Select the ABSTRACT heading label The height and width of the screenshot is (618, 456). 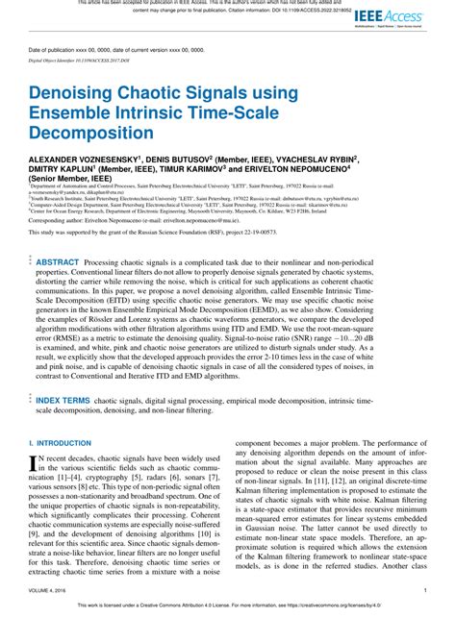[x=59, y=261]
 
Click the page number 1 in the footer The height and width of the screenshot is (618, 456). [x=425, y=591]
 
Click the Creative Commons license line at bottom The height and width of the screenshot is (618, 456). [x=228, y=606]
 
